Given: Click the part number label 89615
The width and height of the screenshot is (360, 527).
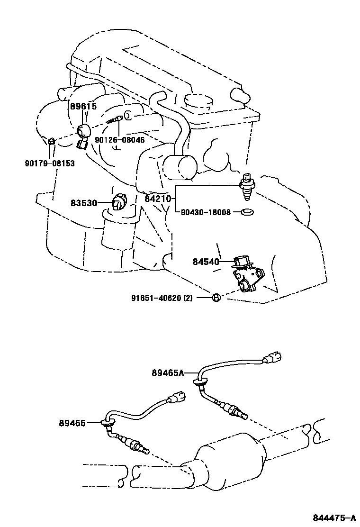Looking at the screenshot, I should [84, 107].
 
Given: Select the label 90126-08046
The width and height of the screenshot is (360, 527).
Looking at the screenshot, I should [120, 140].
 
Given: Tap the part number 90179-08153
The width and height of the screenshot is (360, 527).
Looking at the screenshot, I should [50, 164].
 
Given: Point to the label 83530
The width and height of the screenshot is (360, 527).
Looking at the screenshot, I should [84, 203].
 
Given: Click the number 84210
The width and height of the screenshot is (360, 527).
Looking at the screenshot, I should [157, 200].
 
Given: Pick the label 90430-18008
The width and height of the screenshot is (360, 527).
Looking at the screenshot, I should [206, 213].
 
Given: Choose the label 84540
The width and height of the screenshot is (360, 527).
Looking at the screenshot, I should [206, 261].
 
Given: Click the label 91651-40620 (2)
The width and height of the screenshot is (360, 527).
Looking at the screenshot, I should [169, 298].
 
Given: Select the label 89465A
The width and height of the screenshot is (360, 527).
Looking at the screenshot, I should [168, 373].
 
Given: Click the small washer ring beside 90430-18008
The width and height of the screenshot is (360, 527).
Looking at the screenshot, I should [247, 212].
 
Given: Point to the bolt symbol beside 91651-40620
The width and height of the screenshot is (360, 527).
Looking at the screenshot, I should [215, 298].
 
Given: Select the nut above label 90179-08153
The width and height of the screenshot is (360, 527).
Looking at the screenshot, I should [52, 141].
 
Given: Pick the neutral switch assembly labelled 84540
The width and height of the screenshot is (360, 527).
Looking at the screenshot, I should [246, 277].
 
